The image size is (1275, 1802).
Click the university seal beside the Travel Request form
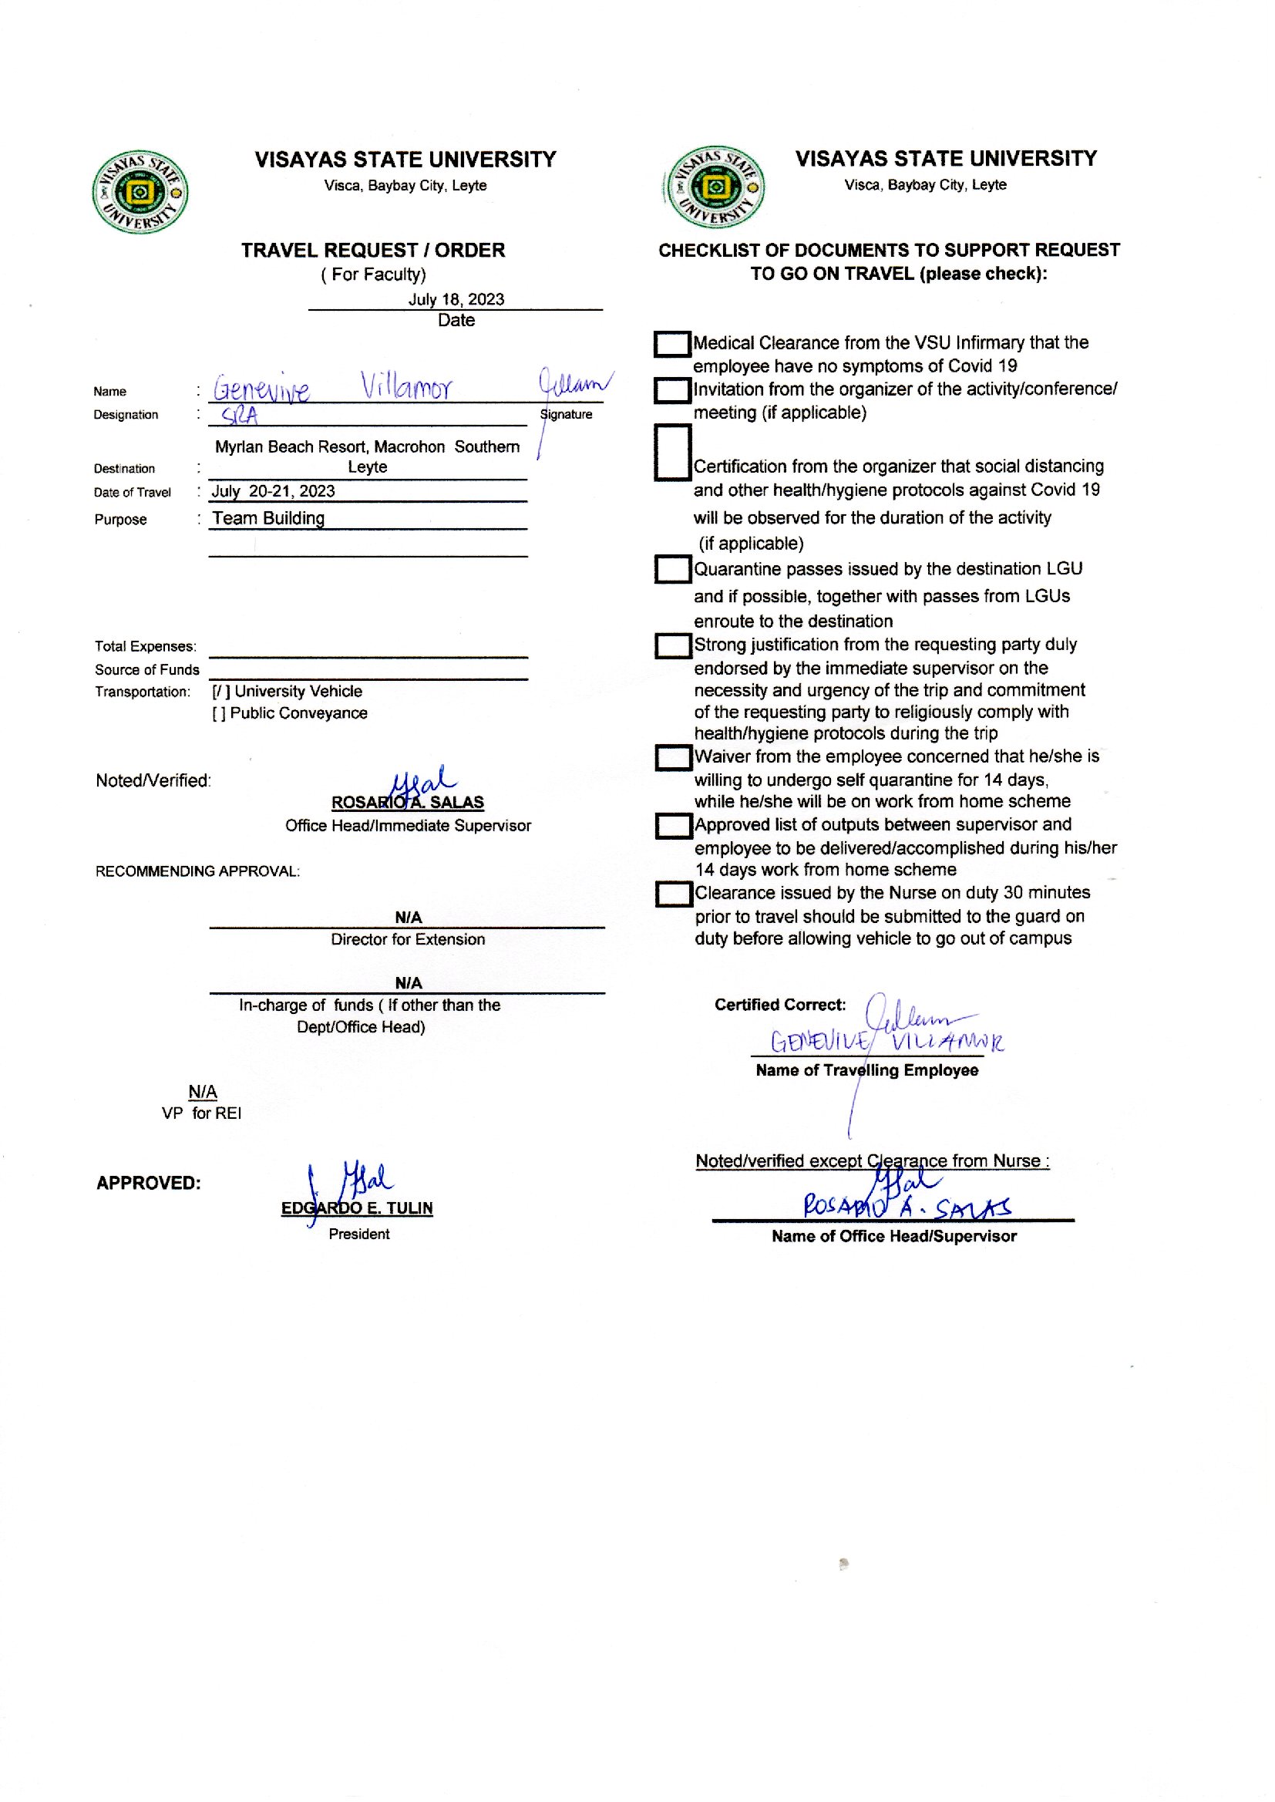140,192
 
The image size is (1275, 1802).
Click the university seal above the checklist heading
714,187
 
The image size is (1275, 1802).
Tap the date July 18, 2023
456,299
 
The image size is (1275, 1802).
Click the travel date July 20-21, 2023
273,491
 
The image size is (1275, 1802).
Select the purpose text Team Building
268,518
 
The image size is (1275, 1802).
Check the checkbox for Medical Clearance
672,344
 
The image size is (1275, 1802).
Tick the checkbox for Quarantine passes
672,569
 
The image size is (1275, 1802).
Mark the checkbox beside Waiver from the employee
673,758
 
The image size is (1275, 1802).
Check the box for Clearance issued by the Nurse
673,894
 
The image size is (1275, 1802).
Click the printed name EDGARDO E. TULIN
357,1208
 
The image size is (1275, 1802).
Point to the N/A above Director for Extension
409,917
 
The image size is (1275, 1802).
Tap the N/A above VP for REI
203,1091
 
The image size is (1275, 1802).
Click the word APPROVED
148,1184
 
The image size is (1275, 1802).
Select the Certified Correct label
779,1005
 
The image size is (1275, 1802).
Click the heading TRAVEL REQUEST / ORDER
373,251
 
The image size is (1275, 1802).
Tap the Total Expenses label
145,646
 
